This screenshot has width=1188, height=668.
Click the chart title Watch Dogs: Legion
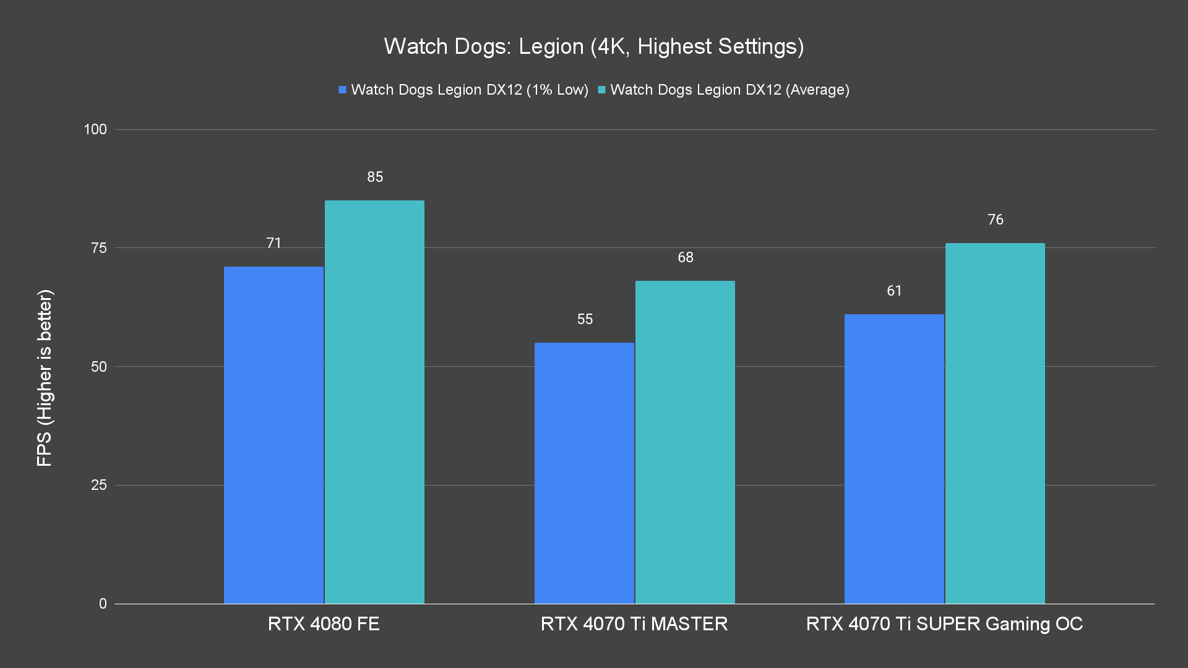[593, 46]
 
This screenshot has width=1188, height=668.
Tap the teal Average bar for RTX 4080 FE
[374, 402]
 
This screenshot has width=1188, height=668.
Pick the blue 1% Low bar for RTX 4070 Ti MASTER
[584, 473]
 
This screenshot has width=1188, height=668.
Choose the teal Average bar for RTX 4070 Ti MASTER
[685, 442]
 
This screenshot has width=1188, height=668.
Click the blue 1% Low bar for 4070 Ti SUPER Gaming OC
[894, 459]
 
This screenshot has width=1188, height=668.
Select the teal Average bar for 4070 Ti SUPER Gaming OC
[995, 423]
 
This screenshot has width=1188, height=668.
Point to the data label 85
[375, 177]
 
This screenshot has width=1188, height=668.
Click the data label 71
[274, 243]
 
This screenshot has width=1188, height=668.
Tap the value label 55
[585, 319]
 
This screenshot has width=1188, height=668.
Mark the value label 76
[996, 220]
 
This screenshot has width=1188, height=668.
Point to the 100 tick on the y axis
[95, 129]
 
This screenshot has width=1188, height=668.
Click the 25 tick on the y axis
[99, 485]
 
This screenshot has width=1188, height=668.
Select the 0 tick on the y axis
[103, 604]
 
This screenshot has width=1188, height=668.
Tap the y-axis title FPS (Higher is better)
[45, 377]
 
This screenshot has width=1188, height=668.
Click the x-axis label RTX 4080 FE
[324, 623]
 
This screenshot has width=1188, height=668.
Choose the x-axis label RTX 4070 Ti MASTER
[634, 623]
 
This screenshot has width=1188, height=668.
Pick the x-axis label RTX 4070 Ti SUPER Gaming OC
[944, 623]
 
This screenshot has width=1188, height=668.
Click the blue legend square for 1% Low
[342, 90]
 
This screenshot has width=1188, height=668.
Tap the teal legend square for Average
[601, 90]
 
